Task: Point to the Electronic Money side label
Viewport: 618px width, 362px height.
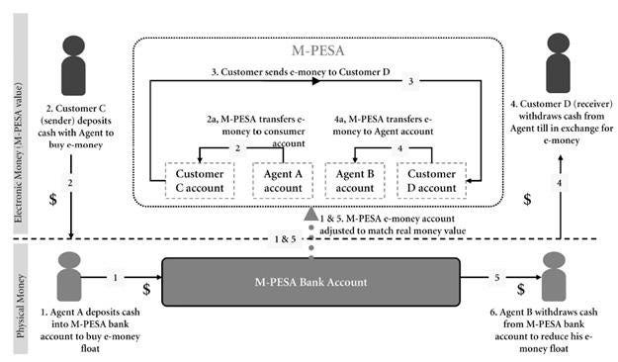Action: click(x=23, y=124)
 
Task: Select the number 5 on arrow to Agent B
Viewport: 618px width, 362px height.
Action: click(x=497, y=279)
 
